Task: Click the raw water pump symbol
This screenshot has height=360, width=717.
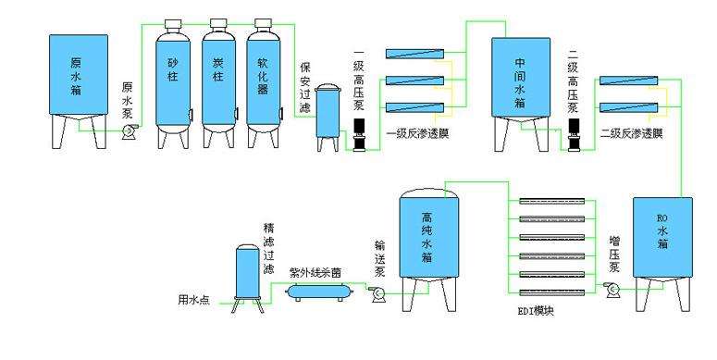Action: click(x=128, y=131)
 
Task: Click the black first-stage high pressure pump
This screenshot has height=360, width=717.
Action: click(x=360, y=134)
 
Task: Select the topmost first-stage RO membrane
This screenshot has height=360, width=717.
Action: click(x=414, y=54)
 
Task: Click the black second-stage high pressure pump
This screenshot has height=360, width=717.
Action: click(x=574, y=134)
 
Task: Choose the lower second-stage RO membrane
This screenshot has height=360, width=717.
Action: click(x=628, y=108)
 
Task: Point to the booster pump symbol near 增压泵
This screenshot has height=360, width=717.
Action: click(x=612, y=289)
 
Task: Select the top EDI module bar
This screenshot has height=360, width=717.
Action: click(x=552, y=201)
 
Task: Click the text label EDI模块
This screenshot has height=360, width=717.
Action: click(x=536, y=311)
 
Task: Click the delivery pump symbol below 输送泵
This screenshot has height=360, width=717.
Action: click(x=377, y=292)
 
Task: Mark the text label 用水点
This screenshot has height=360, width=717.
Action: click(x=193, y=301)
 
